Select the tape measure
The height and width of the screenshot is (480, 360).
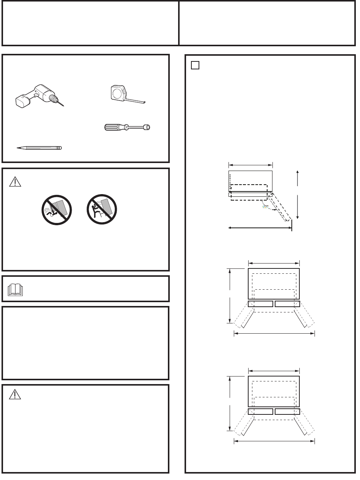(118, 93)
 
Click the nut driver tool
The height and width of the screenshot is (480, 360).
(127, 128)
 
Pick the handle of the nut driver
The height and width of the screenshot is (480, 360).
(113, 127)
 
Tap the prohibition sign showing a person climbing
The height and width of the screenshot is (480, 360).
(101, 210)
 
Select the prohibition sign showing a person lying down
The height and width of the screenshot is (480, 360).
(56, 210)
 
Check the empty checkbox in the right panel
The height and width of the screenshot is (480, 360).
(195, 65)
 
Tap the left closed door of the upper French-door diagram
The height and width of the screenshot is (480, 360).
(260, 304)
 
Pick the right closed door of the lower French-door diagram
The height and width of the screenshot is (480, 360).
(287, 411)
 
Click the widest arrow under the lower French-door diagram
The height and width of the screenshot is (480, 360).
(274, 441)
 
